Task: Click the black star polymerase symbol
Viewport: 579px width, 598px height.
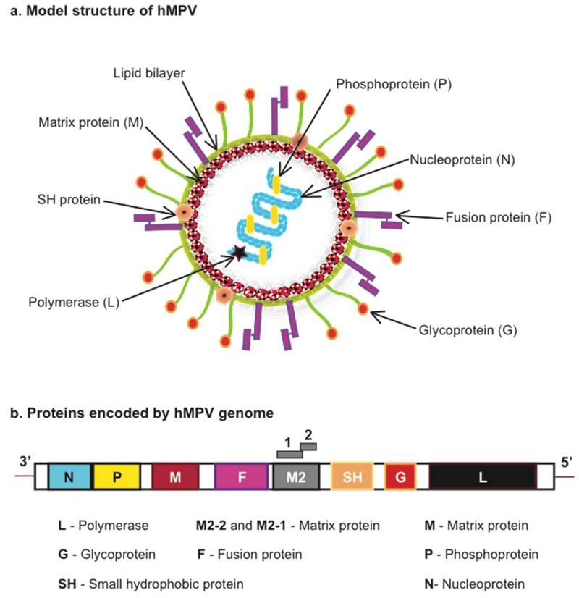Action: click(x=239, y=253)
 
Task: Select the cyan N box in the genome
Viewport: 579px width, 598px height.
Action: click(x=69, y=476)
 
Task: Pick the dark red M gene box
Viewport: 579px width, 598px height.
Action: click(x=174, y=476)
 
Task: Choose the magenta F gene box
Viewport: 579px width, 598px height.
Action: click(x=242, y=476)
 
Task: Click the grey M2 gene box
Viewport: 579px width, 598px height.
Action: click(x=295, y=476)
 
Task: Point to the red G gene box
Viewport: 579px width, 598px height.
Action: click(x=400, y=476)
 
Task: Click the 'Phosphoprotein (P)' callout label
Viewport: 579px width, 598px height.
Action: click(x=394, y=84)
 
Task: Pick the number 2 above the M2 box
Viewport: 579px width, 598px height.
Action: click(x=309, y=436)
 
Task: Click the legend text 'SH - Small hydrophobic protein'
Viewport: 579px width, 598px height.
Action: click(x=151, y=583)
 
